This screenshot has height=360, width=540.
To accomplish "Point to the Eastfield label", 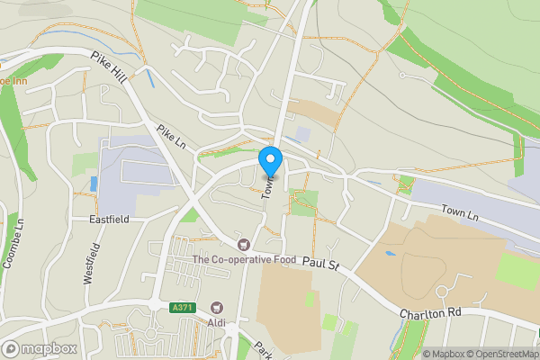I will point(109,219).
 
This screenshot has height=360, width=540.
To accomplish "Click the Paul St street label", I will point(319,265).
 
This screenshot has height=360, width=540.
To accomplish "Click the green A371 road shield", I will point(182,308).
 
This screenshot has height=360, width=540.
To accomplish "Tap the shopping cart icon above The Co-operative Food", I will point(242,244).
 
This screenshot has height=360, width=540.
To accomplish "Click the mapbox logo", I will point(40,348).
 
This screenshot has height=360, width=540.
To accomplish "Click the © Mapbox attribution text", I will point(445,353).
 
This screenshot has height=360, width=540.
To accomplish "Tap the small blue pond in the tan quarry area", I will point(389,254).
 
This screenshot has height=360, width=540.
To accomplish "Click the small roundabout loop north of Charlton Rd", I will point(442,292).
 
